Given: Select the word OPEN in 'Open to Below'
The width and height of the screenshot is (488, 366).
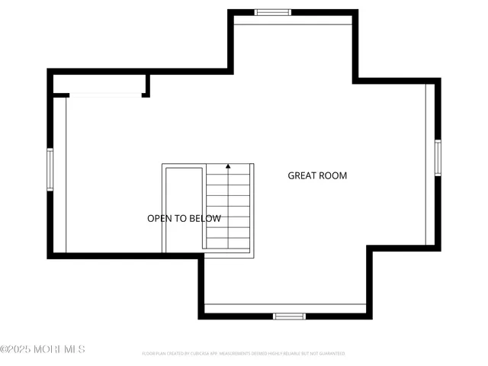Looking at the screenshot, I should click(159, 219).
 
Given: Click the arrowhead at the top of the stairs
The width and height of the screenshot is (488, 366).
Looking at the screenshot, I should click(228, 166).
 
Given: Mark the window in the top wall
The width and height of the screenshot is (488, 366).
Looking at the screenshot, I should click(273, 12).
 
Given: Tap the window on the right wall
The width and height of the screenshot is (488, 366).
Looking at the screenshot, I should click(438, 158).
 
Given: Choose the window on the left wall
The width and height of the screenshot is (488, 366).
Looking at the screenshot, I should click(50, 169).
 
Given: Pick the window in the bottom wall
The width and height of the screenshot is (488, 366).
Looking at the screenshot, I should click(289, 316).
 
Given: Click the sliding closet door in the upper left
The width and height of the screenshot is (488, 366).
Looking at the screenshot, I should click(105, 95).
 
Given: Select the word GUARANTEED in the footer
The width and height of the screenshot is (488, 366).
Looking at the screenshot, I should click(332, 354).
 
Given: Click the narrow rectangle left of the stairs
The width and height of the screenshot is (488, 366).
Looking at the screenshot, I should click(183, 207).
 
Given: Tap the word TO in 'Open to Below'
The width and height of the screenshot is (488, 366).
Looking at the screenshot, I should click(180, 219).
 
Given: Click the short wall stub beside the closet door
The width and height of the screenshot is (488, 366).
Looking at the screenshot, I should click(146, 85).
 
